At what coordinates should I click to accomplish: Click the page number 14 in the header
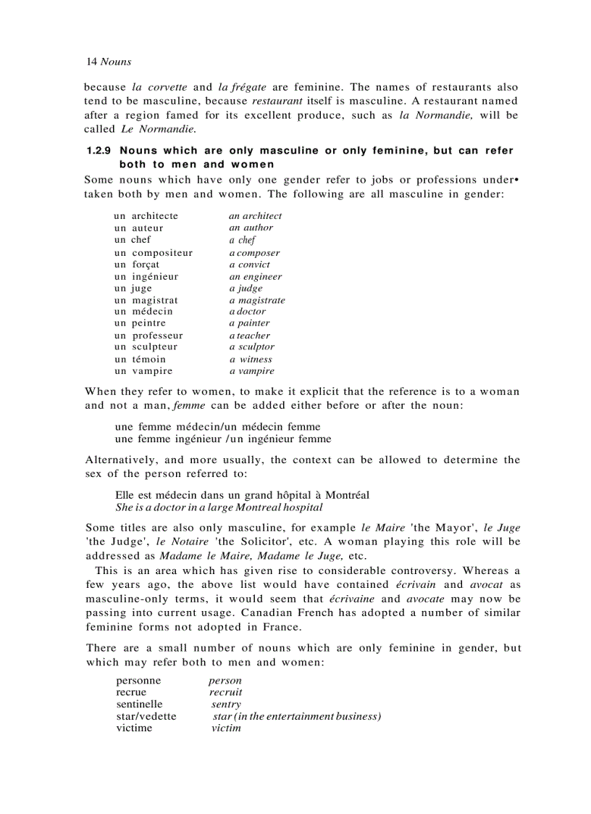[91, 62]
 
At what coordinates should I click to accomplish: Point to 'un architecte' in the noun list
[146, 216]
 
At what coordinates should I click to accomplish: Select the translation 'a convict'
[249, 265]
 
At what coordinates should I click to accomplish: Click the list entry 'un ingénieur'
[146, 276]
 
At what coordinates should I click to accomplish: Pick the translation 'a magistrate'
[257, 300]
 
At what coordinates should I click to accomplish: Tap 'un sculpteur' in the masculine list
[146, 346]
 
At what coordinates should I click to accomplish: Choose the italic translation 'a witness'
[251, 359]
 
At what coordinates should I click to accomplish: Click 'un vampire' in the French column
[143, 370]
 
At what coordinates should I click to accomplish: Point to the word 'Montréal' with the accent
[346, 495]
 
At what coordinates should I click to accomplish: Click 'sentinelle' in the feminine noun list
[139, 704]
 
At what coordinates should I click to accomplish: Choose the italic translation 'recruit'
[225, 692]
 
